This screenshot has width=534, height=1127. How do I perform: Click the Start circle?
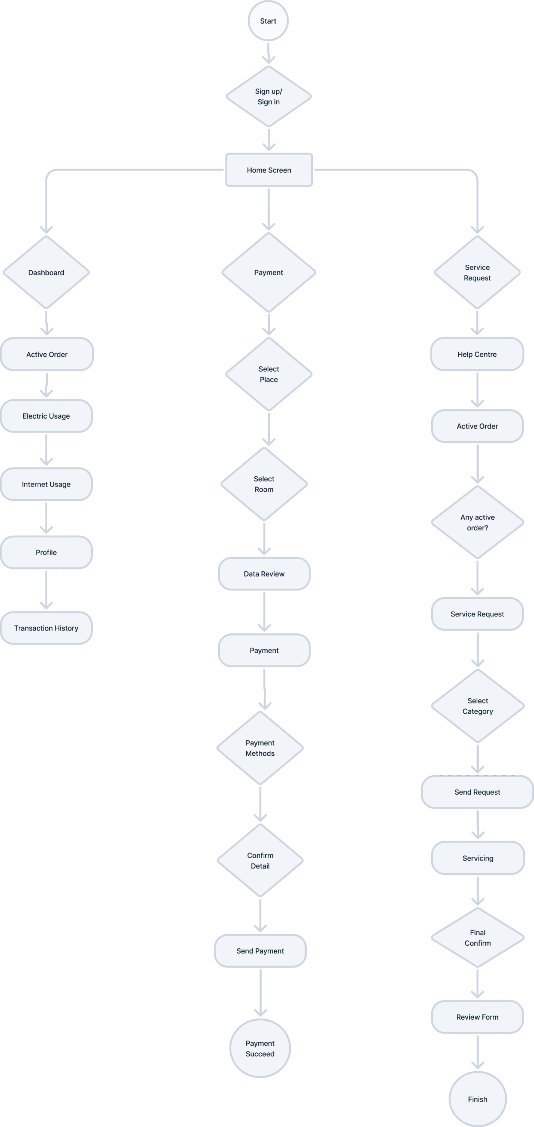pyautogui.click(x=268, y=21)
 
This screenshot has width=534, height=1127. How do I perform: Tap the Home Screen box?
pyautogui.click(x=269, y=170)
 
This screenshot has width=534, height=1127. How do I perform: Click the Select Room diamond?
pyautogui.click(x=264, y=484)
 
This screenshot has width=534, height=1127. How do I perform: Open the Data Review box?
pyautogui.click(x=264, y=574)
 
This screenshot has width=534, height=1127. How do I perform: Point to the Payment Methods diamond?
pyautogui.click(x=260, y=748)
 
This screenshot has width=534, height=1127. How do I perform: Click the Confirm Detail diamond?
pyautogui.click(x=260, y=860)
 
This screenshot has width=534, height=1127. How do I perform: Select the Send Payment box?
pyautogui.click(x=260, y=951)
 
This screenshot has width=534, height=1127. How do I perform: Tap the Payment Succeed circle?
pyautogui.click(x=260, y=1049)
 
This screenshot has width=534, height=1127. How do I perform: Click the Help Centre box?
pyautogui.click(x=477, y=354)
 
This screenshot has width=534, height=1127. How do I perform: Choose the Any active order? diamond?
pyautogui.click(x=478, y=522)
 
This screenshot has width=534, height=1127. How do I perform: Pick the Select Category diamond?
pyautogui.click(x=478, y=706)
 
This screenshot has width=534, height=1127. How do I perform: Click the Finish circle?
pyautogui.click(x=478, y=1100)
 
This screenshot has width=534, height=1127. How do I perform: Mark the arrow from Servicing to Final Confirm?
pyautogui.click(x=478, y=891)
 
